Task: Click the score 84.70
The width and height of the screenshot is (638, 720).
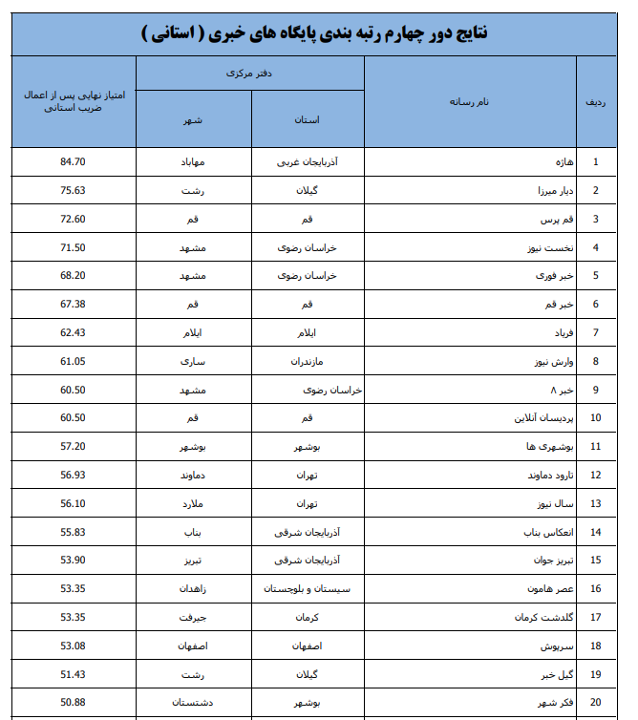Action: click(x=73, y=161)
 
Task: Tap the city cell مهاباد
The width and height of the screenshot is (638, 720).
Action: click(x=193, y=161)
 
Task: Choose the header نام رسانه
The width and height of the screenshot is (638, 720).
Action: click(x=469, y=101)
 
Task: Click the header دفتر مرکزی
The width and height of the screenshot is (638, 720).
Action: click(x=250, y=73)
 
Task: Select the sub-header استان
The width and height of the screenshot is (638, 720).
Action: click(x=308, y=120)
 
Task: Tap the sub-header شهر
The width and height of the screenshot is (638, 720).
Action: click(x=194, y=120)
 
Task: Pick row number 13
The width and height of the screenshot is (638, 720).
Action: click(x=595, y=503)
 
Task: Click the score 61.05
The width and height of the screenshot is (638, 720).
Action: click(x=73, y=361)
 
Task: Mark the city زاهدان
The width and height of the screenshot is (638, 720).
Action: click(x=193, y=588)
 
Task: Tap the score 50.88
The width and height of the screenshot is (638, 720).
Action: click(x=73, y=703)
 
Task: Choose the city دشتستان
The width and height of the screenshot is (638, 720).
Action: click(x=193, y=703)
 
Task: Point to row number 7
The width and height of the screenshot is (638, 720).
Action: click(x=595, y=332)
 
